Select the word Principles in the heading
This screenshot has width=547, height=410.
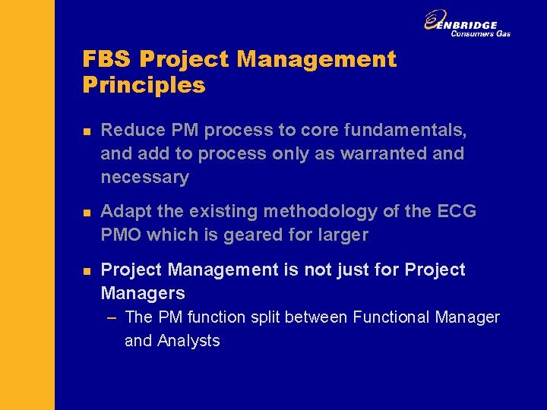pyautogui.click(x=144, y=85)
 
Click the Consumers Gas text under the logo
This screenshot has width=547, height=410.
pyautogui.click(x=480, y=33)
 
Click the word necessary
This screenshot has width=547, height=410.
pyautogui.click(x=144, y=177)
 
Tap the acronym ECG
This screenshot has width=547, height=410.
pyautogui.click(x=457, y=211)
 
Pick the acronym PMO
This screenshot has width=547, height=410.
pyautogui.click(x=121, y=235)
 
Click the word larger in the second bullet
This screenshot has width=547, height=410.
pyautogui.click(x=342, y=235)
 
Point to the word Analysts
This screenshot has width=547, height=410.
pyautogui.click(x=188, y=340)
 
